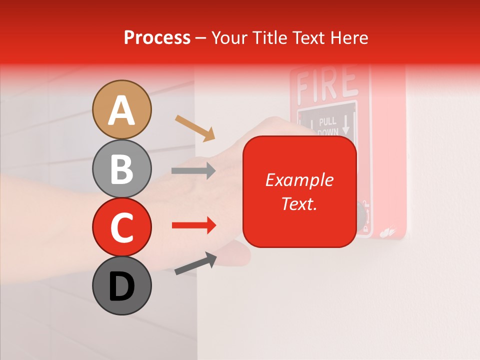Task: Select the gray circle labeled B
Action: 122,169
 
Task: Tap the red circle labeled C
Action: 122,227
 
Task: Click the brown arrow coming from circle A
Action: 195,128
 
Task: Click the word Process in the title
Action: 157,37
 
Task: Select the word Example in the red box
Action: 299,180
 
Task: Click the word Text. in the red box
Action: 299,203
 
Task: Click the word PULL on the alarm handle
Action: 327,121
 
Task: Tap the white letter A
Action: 122,110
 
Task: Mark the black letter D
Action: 122,287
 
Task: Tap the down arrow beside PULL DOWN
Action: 345,125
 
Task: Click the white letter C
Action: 122,227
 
